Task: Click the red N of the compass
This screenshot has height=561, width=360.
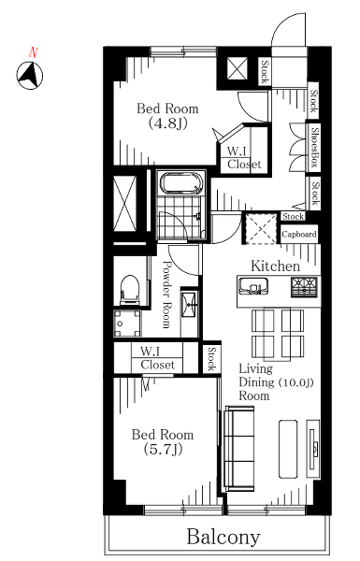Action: click(x=34, y=52)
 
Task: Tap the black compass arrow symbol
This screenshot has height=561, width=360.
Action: click(x=30, y=76)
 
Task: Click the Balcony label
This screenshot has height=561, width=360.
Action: click(x=223, y=537)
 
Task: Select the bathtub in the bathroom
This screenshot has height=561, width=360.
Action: click(x=180, y=183)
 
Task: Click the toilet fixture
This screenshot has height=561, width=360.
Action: click(x=130, y=290)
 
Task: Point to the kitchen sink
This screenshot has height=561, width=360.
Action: click(x=254, y=286)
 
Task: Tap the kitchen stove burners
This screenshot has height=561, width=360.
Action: click(x=304, y=288)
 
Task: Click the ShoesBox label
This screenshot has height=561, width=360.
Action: click(x=314, y=148)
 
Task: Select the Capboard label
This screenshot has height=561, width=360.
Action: click(x=299, y=235)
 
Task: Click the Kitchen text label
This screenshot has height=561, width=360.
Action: click(x=275, y=266)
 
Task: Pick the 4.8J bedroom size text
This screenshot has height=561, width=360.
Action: click(x=167, y=123)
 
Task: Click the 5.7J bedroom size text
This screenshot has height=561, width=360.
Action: click(x=163, y=450)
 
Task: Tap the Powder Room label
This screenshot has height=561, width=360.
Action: click(x=166, y=295)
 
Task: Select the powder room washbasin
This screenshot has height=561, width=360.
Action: click(x=189, y=305)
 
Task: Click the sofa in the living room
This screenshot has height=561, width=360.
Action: click(x=238, y=449)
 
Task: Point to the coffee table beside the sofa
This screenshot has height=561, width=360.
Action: click(x=288, y=448)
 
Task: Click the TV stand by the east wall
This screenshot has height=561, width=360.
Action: click(x=313, y=448)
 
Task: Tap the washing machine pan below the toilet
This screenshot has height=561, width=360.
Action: click(x=127, y=324)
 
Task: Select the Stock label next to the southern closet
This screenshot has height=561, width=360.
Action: click(x=212, y=359)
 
